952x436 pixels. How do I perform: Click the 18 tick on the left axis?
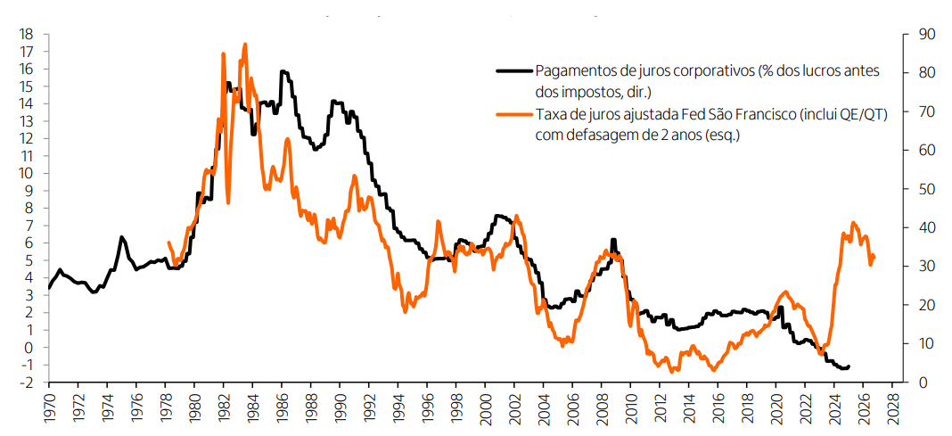(27, 34)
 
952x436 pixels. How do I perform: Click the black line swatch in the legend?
(513, 71)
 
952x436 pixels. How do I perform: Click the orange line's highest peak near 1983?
(245, 44)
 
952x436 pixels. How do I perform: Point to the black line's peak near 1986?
(282, 71)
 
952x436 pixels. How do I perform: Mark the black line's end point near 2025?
(849, 366)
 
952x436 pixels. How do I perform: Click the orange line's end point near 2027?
(874, 257)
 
